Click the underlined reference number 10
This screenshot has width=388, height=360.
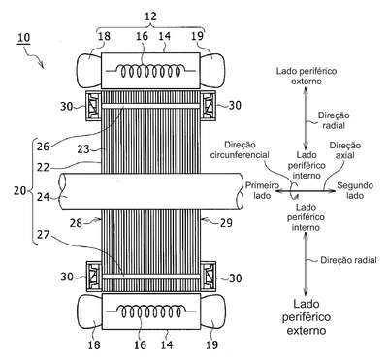pyautogui.click(x=24, y=38)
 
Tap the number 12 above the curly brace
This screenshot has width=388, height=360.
pyautogui.click(x=150, y=16)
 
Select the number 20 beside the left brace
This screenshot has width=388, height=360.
pyautogui.click(x=20, y=190)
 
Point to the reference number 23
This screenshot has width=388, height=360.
pyautogui.click(x=83, y=149)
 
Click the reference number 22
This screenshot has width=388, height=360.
pyautogui.click(x=43, y=168)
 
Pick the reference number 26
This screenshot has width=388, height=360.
pyautogui.click(x=43, y=147)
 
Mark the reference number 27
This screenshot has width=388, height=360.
pyautogui.click(x=43, y=235)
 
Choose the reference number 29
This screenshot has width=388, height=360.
pyautogui.click(x=225, y=223)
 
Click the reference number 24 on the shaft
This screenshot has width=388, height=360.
pyautogui.click(x=43, y=196)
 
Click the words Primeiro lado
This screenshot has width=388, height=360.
pyautogui.click(x=262, y=190)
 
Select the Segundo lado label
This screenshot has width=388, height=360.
pyautogui.click(x=355, y=190)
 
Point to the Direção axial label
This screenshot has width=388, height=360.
pyautogui.click(x=345, y=150)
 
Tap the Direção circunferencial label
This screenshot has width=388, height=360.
pyautogui.click(x=240, y=149)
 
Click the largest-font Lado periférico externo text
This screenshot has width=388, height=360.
pyautogui.click(x=307, y=317)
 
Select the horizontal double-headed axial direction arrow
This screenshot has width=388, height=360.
pyautogui.click(x=306, y=191)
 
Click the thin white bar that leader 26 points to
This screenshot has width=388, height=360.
pyautogui.click(x=150, y=106)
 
